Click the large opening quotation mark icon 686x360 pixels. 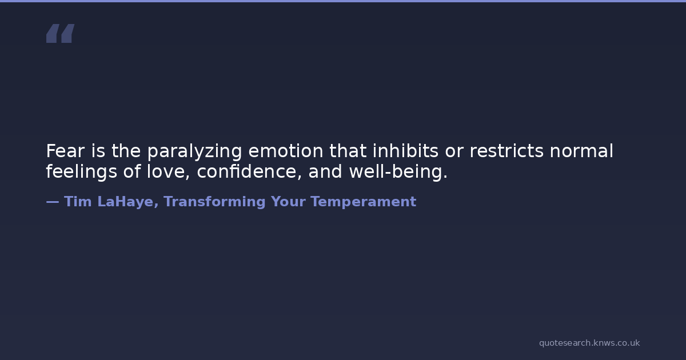pyautogui.click(x=61, y=33)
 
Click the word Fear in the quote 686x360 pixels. pyautogui.click(x=65, y=151)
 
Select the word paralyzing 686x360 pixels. pyautogui.click(x=194, y=152)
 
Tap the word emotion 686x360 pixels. pyautogui.click(x=286, y=151)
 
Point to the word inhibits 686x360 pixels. pyautogui.click(x=405, y=151)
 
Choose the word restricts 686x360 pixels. pyautogui.click(x=506, y=151)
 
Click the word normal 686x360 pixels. pyautogui.click(x=581, y=151)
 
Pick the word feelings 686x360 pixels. pyautogui.click(x=81, y=172)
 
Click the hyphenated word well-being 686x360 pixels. pyautogui.click(x=398, y=172)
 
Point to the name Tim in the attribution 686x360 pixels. pyautogui.click(x=78, y=202)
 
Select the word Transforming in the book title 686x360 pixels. pyautogui.click(x=215, y=202)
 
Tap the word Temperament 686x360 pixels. pyautogui.click(x=364, y=202)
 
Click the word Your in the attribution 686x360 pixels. pyautogui.click(x=288, y=202)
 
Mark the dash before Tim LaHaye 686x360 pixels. pyautogui.click(x=53, y=202)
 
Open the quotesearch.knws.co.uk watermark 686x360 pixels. pyautogui.click(x=589, y=343)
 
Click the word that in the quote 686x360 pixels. pyautogui.click(x=348, y=151)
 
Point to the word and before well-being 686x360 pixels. pyautogui.click(x=325, y=171)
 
